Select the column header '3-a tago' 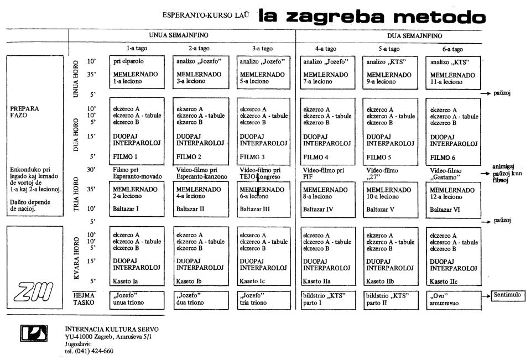(259, 48)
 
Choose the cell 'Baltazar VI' (446, 209)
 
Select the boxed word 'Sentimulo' (507, 295)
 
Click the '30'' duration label (92, 169)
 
